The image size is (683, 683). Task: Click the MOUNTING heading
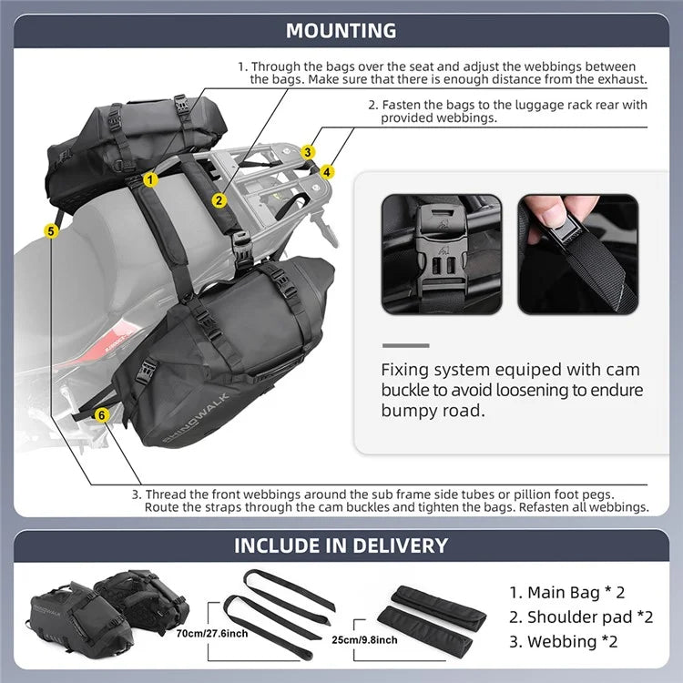(341, 30)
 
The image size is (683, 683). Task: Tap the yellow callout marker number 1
(149, 180)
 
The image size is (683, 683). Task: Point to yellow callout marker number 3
(309, 152)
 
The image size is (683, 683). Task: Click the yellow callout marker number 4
(327, 170)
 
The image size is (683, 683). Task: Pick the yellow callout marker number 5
(51, 232)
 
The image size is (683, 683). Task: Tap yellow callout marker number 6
(101, 414)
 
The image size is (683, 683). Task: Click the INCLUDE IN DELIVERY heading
(341, 545)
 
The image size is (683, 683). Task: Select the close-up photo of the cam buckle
(441, 254)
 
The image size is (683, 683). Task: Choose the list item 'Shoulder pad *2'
(581, 617)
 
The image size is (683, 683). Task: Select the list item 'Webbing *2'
(563, 641)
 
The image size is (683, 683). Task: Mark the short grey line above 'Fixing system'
(405, 345)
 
